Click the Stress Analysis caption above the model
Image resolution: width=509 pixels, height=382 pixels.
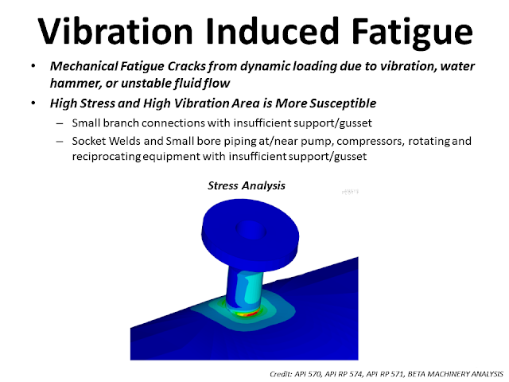[246, 186]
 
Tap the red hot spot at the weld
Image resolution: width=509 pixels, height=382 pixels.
[252, 313]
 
